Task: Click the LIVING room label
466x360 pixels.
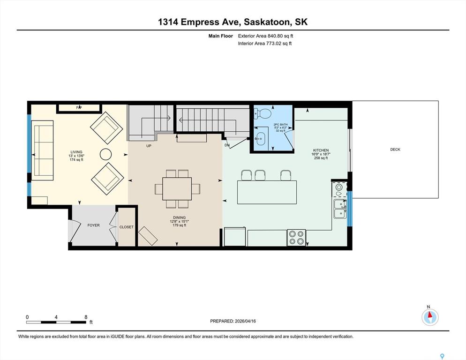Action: point(76,152)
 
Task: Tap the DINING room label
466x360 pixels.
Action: point(179,217)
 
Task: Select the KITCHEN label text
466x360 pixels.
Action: point(321,150)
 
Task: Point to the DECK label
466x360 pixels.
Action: point(395,150)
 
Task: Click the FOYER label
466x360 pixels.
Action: point(93,225)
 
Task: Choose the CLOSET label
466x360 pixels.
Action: point(126,227)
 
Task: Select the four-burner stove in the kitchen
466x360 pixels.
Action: point(296,238)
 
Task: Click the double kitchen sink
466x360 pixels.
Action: point(340,209)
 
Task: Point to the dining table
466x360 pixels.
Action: point(177,188)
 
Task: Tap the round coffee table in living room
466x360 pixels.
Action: point(105,154)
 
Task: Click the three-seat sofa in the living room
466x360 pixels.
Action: point(42,150)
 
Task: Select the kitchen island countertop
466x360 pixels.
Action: point(267,192)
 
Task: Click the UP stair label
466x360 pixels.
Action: point(149,146)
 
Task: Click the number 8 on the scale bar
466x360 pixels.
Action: point(86,317)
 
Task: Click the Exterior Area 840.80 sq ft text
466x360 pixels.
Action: point(265,36)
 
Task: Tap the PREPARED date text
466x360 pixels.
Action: point(233,321)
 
